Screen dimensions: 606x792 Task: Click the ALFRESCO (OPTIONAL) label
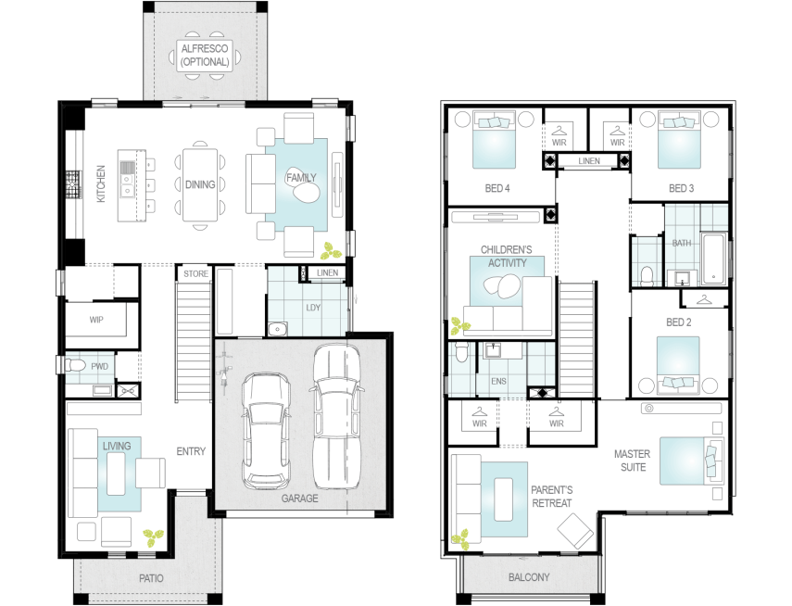204,56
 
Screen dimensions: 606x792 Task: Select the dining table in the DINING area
200,184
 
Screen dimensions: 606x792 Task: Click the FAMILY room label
296,177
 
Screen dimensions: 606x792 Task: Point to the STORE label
195,274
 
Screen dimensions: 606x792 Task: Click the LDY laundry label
312,307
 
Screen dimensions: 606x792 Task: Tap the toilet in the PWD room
76,368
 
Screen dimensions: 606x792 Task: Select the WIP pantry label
96,321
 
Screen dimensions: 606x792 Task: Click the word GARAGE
300,499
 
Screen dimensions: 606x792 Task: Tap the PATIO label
151,578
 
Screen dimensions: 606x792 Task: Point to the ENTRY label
190,452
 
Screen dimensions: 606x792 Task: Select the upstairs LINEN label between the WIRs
589,161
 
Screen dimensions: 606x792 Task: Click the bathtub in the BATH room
713,258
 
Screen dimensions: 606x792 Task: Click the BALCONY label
529,577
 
